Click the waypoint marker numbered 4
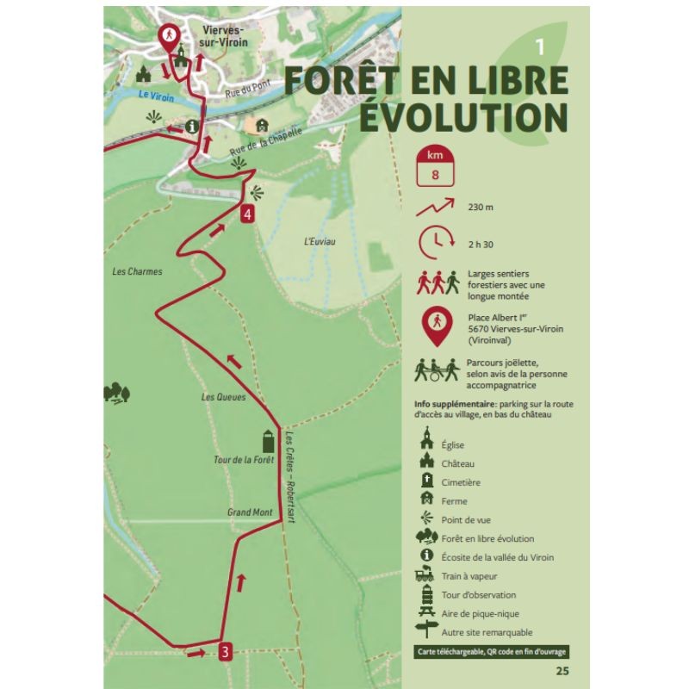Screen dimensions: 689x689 [248, 214]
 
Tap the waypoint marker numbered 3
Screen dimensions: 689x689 [224, 651]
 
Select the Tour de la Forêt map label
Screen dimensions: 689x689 [243, 460]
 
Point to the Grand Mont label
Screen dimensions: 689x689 [250, 512]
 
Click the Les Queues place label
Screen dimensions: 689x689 [223, 397]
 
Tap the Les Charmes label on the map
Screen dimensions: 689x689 [138, 271]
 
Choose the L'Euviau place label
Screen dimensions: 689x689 [320, 241]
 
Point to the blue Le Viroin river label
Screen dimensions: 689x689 [157, 99]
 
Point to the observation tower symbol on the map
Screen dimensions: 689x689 [267, 441]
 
